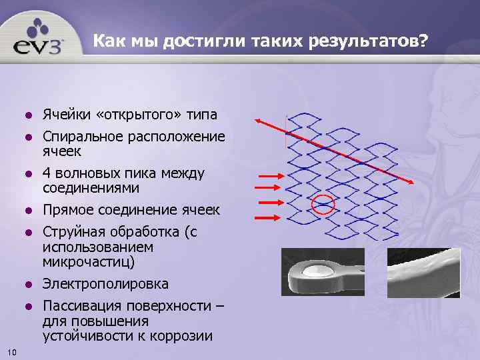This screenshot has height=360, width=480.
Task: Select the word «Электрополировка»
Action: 105,284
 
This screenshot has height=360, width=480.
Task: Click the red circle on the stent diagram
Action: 323,203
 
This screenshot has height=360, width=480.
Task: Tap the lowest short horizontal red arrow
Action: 269,215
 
